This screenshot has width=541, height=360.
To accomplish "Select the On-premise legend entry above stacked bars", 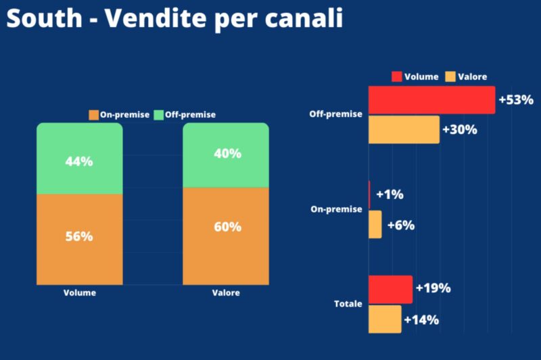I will pos(120,114).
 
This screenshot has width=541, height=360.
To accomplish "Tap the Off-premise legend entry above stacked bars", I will pos(185,114).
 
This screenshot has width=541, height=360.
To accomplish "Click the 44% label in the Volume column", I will pos(79,162).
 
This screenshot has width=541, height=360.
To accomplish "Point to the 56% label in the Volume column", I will pos(79,236).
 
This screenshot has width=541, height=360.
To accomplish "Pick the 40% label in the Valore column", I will pos(227,154).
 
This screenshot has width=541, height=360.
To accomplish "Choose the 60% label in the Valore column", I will pos(227,227).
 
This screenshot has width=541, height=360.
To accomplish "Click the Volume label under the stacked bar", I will pos(80,293).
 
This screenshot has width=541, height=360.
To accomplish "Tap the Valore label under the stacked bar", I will pos(226,293).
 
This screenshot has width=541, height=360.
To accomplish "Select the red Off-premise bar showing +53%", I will pos(431,100).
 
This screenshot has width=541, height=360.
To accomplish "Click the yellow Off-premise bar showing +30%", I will pos(404,129).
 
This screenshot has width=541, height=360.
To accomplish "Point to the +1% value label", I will pos(390,195).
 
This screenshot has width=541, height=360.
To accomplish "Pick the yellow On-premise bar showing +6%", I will pos(375,225).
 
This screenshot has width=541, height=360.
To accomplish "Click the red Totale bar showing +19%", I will pos(390,289).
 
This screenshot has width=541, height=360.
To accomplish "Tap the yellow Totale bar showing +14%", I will pos(385,319).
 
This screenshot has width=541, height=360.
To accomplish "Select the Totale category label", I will pos(348,304).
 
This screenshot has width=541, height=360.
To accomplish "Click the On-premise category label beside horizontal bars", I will pos(337,209).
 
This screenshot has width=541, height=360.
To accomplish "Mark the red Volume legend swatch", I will pos(397,76).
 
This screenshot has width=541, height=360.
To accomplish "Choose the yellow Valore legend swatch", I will pos(450,76).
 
